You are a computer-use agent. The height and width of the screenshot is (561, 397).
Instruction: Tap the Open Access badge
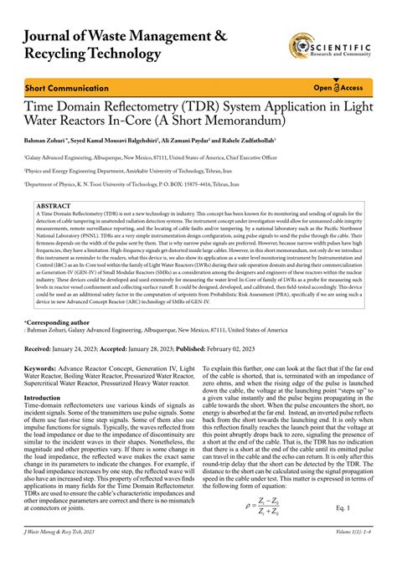pos(338,87)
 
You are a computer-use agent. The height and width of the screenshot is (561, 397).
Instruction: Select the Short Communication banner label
pos(59,87)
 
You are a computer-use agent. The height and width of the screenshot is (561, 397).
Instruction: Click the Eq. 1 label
pos(343,507)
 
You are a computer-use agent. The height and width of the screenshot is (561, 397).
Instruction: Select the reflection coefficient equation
pos(274,507)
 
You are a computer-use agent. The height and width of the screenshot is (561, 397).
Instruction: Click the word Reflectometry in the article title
pos(146,107)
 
